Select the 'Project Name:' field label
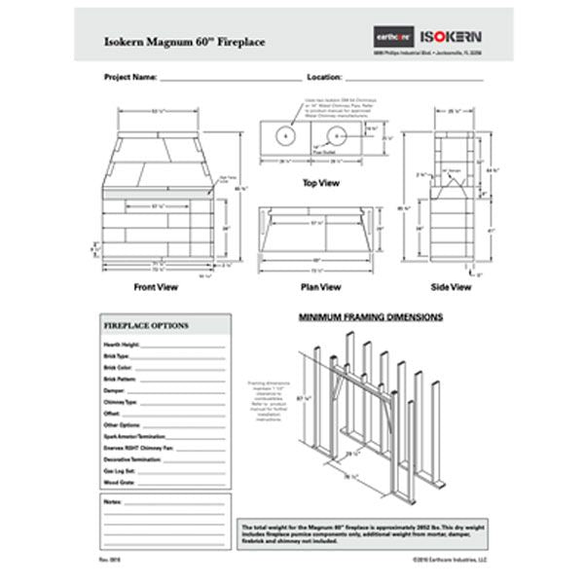pos(125,76)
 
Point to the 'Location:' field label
pos(324,76)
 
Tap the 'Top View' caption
pos(319,182)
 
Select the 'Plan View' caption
pos(319,288)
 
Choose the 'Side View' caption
pos(453,288)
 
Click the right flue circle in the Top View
pos(337,136)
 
